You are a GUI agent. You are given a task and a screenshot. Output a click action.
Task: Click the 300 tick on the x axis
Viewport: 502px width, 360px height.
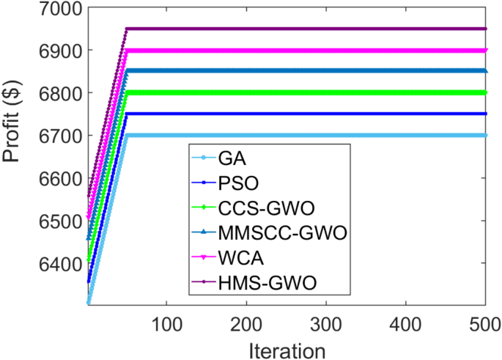coord(326,323)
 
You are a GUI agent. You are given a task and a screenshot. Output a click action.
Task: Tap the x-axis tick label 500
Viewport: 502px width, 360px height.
coord(485,323)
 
